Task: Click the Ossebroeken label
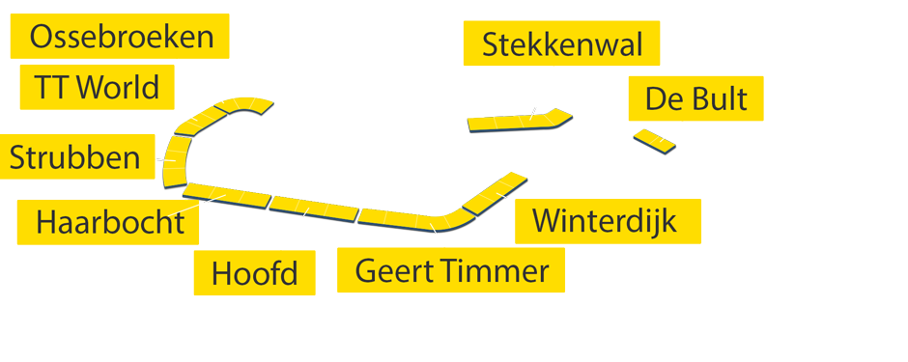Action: [120, 37]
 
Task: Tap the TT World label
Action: [96, 88]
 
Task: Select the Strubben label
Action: [75, 156]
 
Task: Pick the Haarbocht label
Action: [109, 222]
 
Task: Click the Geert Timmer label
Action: [450, 270]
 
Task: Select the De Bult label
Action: [695, 98]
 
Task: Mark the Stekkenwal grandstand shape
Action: [517, 122]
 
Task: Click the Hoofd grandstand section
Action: [314, 206]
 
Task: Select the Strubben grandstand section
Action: [176, 160]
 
